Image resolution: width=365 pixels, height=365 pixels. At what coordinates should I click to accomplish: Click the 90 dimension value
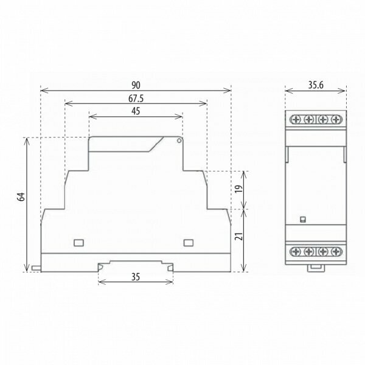point(136,85)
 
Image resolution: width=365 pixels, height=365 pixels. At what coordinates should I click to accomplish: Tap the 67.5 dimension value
point(136,99)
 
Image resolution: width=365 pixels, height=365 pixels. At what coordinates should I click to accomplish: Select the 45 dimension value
point(136,111)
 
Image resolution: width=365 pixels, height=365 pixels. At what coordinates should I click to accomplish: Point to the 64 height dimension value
point(21,197)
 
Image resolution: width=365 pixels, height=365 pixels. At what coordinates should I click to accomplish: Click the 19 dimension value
point(239,189)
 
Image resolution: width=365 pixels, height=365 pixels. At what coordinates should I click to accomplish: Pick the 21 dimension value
point(239,236)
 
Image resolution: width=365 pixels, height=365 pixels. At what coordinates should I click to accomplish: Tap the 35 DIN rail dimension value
point(136,277)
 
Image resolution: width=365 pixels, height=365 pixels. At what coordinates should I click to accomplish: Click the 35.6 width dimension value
point(316,85)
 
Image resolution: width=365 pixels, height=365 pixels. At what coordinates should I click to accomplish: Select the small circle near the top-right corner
point(179,141)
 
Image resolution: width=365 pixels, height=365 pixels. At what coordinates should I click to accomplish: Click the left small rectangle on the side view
point(78,243)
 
